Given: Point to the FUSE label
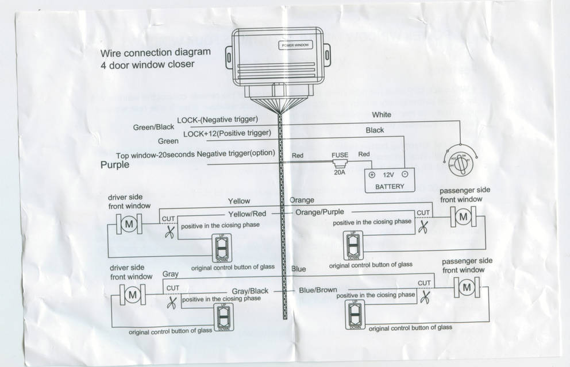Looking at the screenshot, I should point(340,155).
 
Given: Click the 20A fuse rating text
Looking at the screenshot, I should point(340,172).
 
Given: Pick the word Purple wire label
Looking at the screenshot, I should point(115,165).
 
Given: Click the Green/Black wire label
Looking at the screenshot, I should point(153,127).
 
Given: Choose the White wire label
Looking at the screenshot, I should point(381,115).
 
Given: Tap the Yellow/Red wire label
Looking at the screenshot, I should point(247,213).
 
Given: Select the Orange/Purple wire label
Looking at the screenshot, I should point(320,212).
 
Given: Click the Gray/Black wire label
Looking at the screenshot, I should point(250,291).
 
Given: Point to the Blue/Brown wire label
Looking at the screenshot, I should point(318,290).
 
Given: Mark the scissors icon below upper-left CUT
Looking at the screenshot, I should point(170,233).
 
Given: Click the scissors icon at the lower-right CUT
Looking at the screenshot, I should point(425,297).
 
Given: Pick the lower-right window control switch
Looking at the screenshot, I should point(355,313).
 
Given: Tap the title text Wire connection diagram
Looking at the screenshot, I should point(155,52).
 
